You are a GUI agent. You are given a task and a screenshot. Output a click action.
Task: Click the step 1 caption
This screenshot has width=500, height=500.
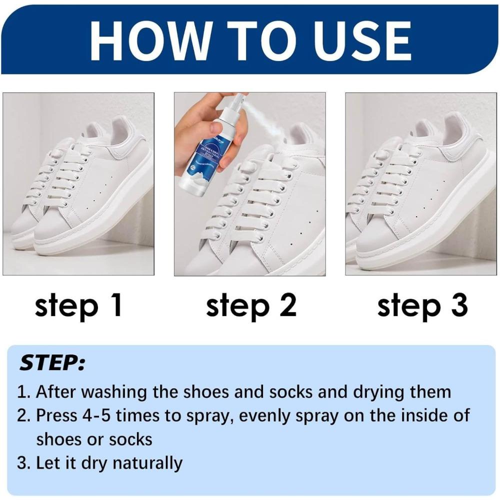[78, 305]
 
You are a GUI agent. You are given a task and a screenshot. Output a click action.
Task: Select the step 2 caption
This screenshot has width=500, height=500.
[251, 305]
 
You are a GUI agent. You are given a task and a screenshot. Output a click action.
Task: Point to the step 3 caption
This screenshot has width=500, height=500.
[422, 305]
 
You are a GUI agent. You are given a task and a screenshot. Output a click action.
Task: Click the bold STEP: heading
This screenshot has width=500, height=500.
[52, 363]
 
